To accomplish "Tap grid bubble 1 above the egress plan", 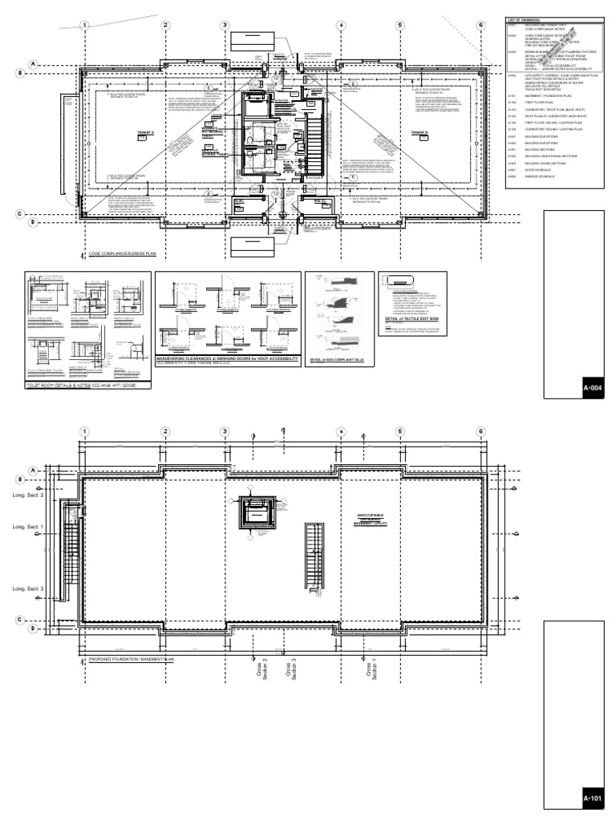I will tap(84, 26).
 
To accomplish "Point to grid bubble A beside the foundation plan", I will tap(34, 470).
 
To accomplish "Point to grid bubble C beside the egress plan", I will tap(34, 213).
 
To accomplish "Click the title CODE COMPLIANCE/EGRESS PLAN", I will tap(122, 254).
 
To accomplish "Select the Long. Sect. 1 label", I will tap(27, 528).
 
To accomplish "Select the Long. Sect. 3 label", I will tap(27, 589).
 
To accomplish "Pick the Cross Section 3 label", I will tap(290, 669).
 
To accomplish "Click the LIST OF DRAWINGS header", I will tap(523, 18).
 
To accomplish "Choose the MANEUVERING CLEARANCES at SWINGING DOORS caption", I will tap(227, 358).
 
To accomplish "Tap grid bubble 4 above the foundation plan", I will tap(341, 432).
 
